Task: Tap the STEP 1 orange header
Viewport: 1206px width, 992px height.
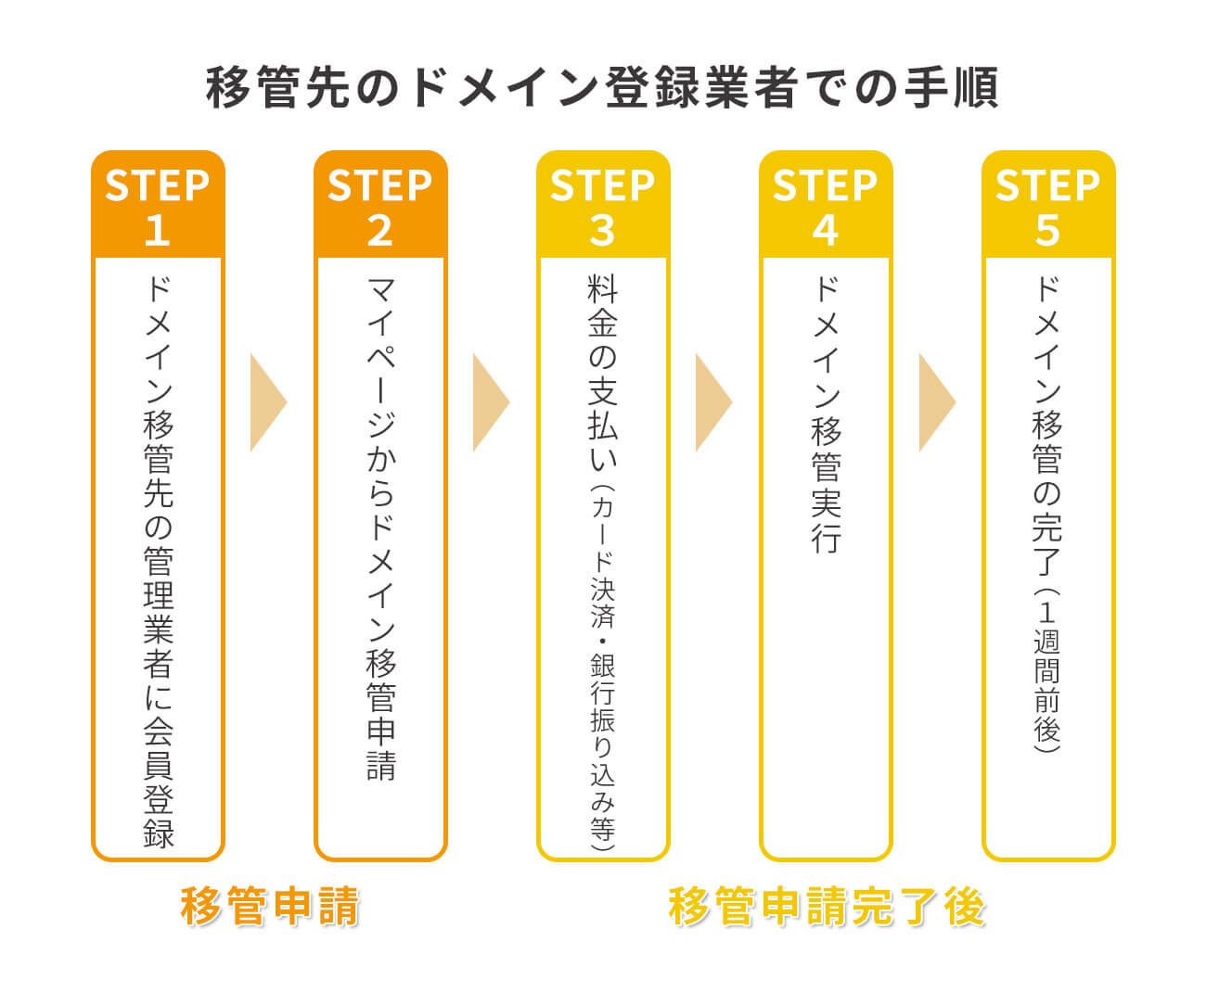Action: click(158, 205)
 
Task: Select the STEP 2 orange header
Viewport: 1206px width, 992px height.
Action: click(380, 205)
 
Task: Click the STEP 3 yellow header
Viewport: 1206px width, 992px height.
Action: click(603, 205)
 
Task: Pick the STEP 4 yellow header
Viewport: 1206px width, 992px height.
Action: click(826, 205)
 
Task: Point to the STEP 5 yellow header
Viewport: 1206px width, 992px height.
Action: click(1048, 205)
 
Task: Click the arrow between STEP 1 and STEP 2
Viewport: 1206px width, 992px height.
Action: click(268, 401)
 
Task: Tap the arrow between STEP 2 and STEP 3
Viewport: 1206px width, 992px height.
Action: click(491, 401)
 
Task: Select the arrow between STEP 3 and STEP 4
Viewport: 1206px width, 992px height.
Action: click(713, 401)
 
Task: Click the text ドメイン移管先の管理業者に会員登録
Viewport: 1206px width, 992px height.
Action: click(158, 561)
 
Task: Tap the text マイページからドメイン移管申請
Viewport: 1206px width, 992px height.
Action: click(380, 528)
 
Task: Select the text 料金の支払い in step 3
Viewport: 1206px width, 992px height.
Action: click(603, 371)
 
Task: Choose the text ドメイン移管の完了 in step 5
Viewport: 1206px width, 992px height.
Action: click(1047, 426)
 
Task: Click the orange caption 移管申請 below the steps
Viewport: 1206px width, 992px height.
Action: click(270, 906)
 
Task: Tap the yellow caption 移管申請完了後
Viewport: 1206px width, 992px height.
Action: click(826, 906)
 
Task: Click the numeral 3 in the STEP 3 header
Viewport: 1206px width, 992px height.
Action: click(603, 230)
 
